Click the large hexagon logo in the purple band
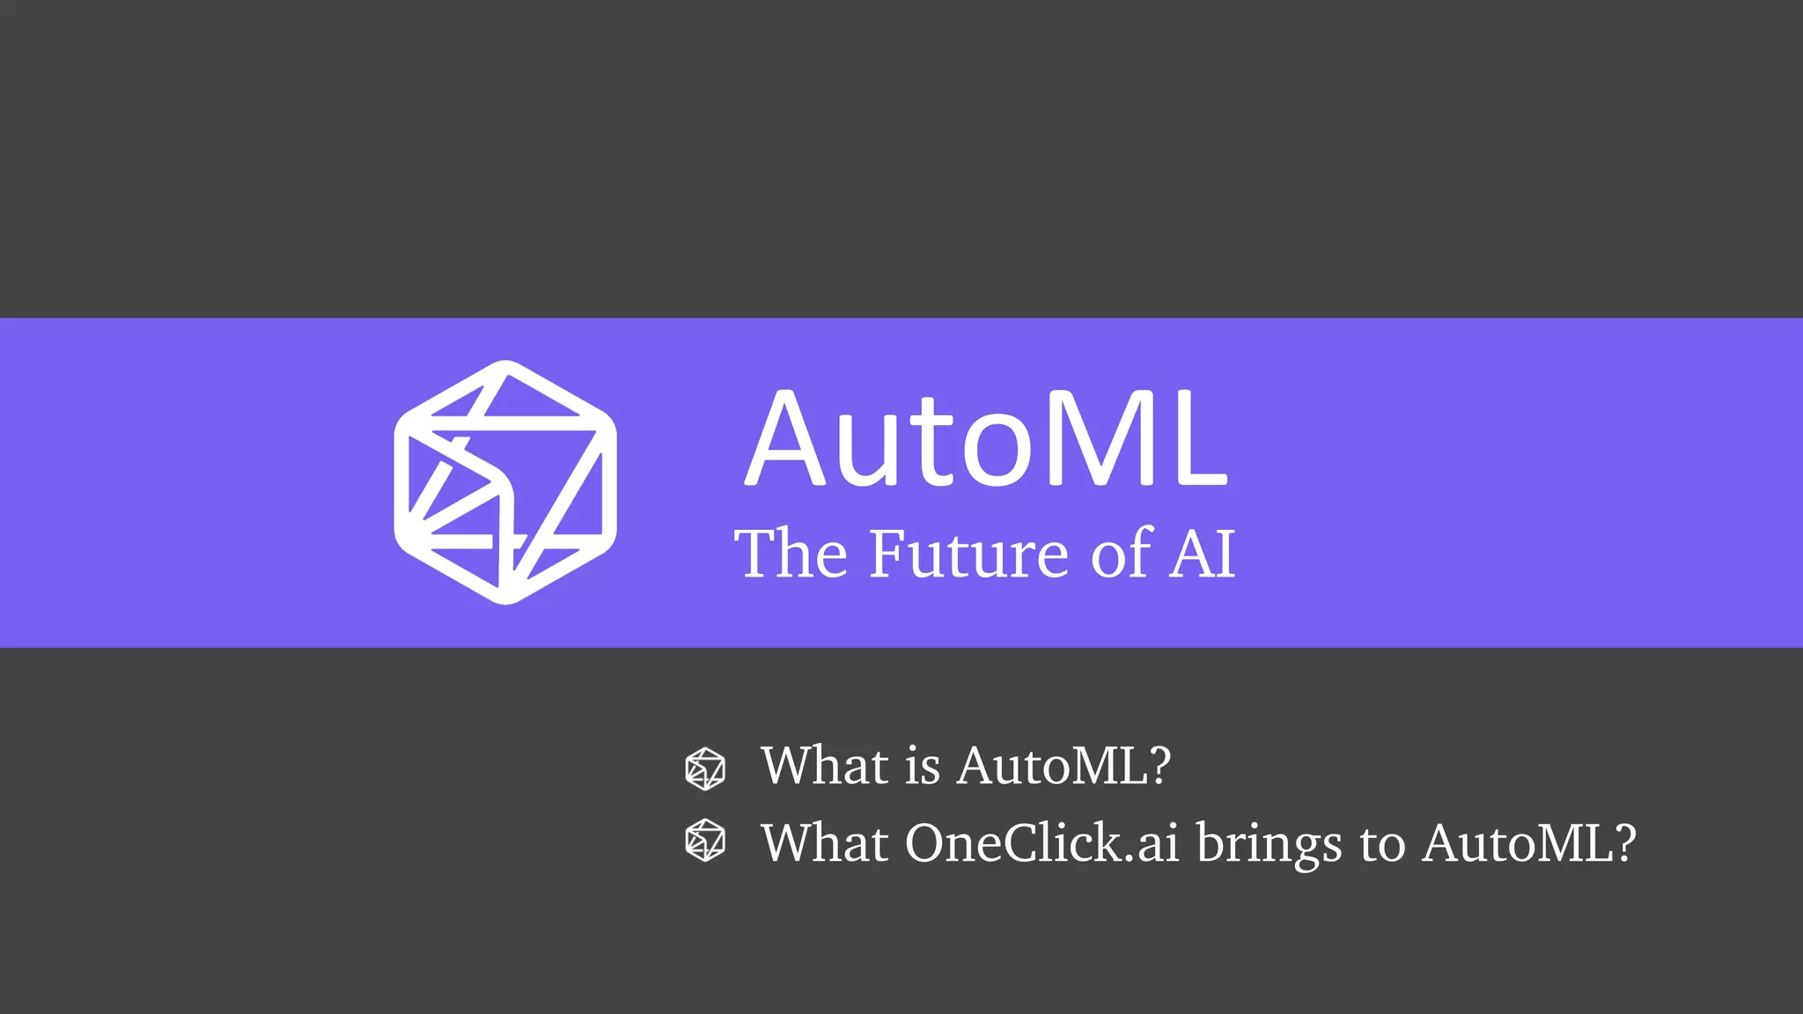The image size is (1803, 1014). click(505, 482)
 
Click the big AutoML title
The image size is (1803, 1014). click(986, 438)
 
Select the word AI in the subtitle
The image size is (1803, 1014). click(1203, 554)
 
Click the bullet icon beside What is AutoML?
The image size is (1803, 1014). click(705, 768)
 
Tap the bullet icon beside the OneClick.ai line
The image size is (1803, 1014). click(705, 840)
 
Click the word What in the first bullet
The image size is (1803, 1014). click(824, 765)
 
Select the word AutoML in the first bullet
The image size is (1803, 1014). click(1053, 765)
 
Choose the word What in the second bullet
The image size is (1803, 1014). click(824, 843)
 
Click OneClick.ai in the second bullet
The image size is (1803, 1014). click(1041, 843)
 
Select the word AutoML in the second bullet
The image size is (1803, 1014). click(1518, 843)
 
